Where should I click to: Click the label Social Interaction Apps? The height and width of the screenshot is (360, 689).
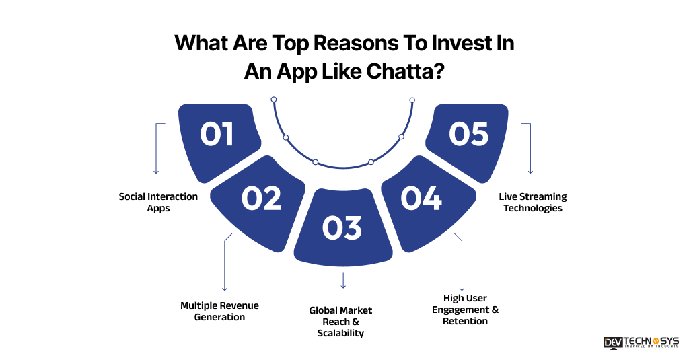pos(158,202)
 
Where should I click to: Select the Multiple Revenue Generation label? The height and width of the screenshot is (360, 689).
pos(219,311)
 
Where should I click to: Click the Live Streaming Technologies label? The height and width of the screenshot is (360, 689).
pos(532,202)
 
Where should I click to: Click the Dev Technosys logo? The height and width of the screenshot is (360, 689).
pos(641,343)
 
